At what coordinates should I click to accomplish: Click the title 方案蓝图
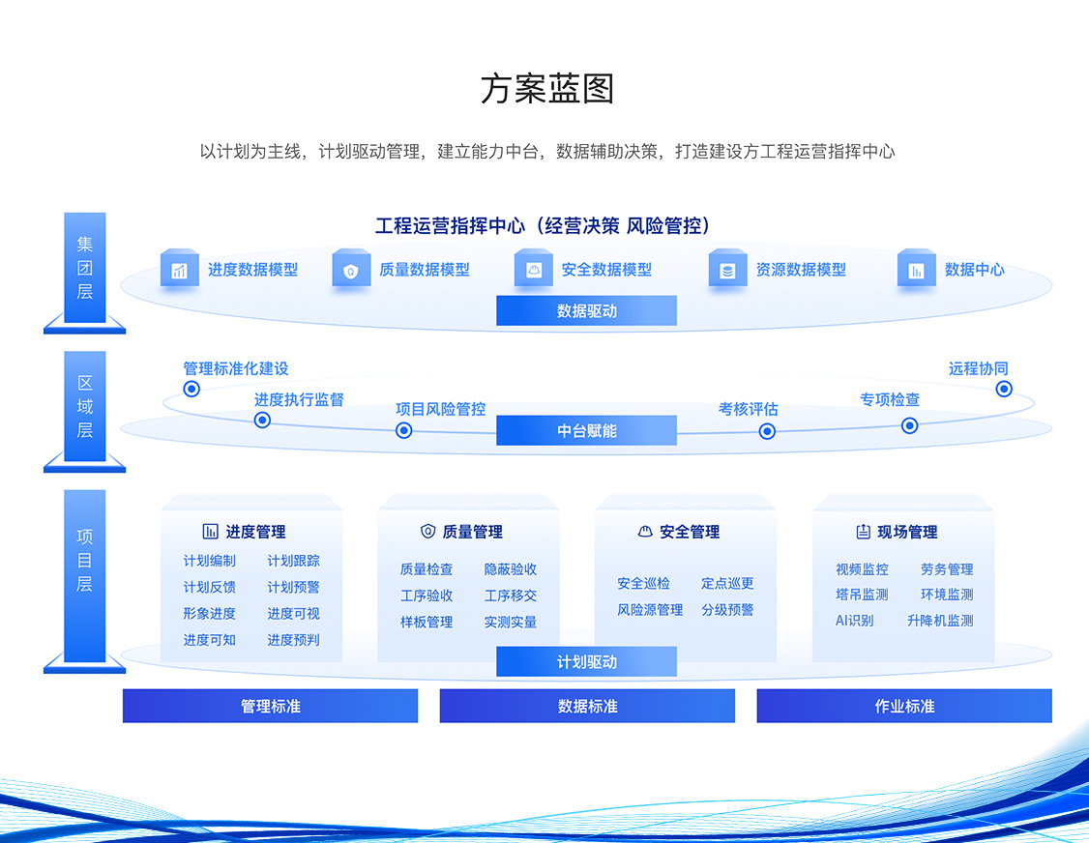tap(547, 89)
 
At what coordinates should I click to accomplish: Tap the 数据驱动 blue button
tap(586, 310)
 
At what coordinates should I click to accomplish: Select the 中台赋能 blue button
tap(586, 430)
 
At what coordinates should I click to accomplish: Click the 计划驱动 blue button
tap(586, 662)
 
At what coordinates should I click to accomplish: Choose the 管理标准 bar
tap(270, 706)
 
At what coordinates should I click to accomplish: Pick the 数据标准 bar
tap(587, 706)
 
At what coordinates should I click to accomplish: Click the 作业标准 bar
tap(904, 706)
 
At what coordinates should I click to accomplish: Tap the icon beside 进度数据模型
tap(179, 269)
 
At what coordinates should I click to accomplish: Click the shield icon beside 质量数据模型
tap(351, 269)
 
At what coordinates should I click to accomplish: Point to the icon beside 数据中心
tap(916, 269)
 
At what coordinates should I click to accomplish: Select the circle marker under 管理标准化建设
tap(191, 389)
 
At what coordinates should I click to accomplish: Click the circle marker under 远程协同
tap(1004, 389)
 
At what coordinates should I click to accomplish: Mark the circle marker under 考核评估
tap(767, 431)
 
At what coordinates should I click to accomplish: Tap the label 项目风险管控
tap(440, 409)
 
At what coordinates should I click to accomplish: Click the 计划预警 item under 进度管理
tap(293, 587)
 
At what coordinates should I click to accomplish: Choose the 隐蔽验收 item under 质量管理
tap(511, 568)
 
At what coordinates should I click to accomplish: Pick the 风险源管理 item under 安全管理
tap(650, 610)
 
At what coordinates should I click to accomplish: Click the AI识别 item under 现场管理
tap(854, 620)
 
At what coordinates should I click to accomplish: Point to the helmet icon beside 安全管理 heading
tap(645, 531)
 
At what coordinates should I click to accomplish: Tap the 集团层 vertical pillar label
tap(85, 268)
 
